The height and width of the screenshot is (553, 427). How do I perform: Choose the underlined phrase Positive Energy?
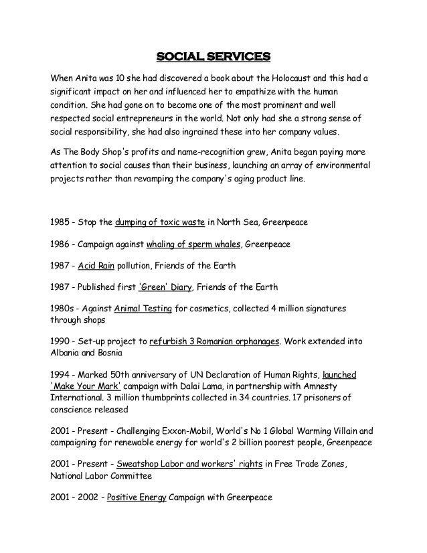[x=137, y=499]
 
